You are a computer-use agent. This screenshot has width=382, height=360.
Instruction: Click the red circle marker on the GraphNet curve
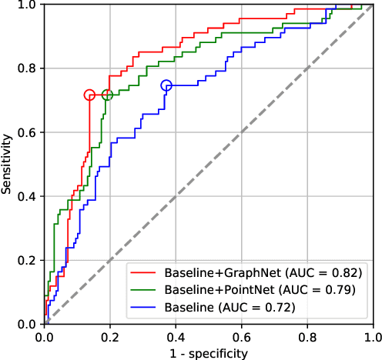89,95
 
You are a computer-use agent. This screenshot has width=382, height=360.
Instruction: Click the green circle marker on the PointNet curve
107,95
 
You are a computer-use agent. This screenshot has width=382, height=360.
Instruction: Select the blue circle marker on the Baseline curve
166,85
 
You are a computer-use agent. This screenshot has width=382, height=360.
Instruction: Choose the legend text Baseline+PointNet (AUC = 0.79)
260,290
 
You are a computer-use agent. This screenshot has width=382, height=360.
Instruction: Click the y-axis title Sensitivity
7,164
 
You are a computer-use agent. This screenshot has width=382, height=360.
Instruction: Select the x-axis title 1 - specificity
209,353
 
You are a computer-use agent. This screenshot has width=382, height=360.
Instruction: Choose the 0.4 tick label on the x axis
176,337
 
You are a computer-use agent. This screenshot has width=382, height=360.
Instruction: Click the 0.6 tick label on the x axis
242,337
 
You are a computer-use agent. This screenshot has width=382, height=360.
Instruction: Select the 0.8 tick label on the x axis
308,337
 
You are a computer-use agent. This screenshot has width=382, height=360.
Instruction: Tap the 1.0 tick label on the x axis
373,337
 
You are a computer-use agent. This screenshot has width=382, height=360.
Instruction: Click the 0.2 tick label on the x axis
110,337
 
